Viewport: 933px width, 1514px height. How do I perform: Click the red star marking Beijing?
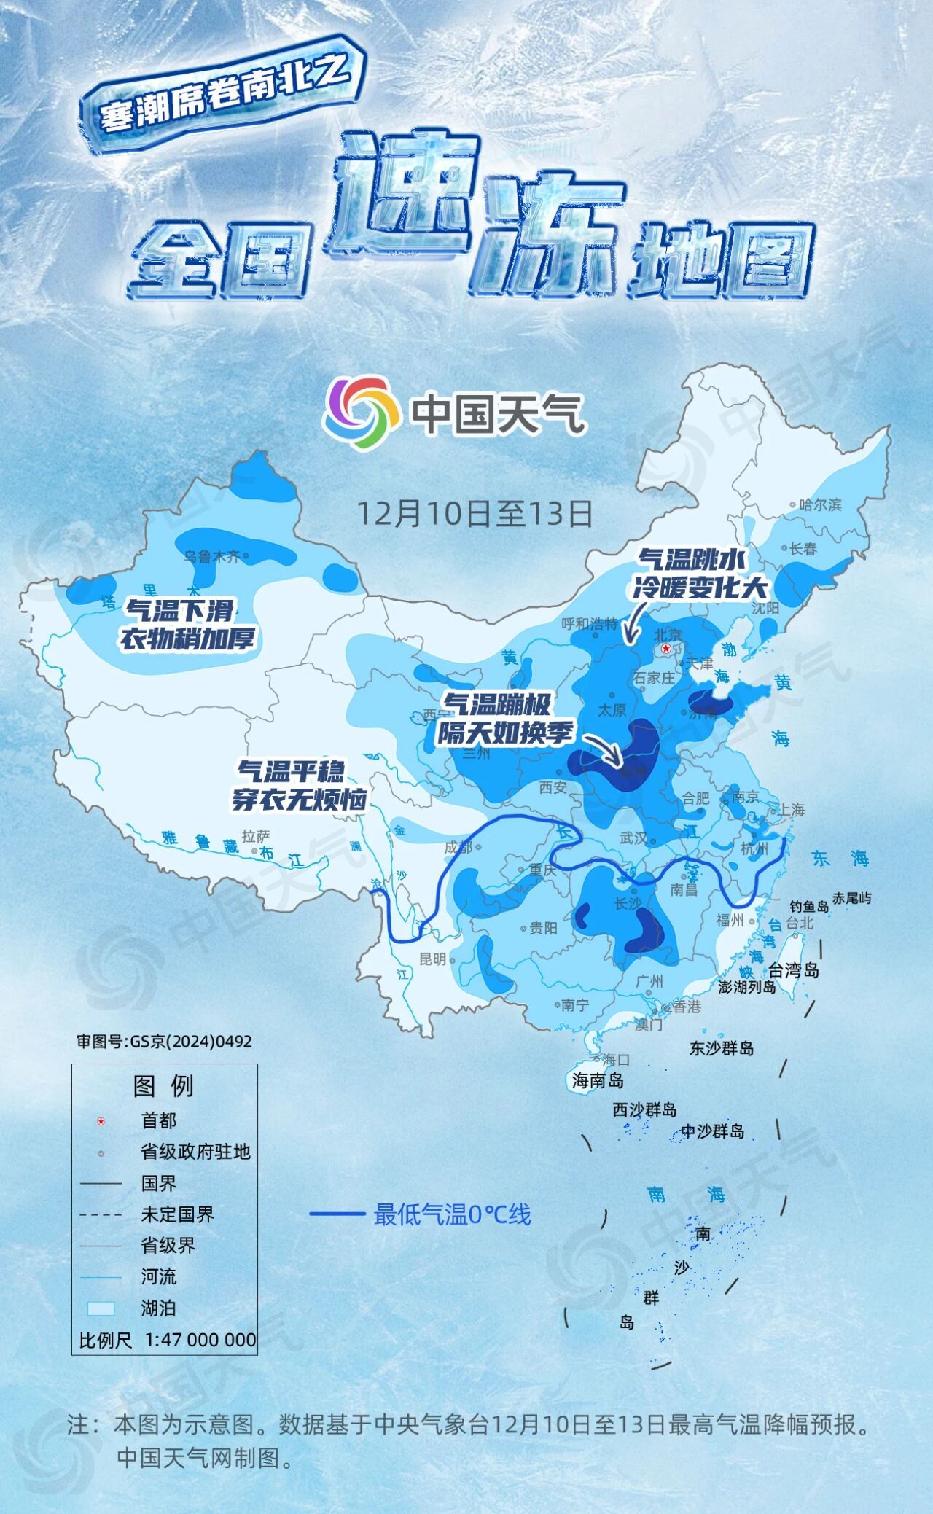(665, 649)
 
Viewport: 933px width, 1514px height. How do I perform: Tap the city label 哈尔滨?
(820, 504)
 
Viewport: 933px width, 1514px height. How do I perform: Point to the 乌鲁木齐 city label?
(211, 556)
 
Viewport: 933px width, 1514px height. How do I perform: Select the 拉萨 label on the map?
(256, 835)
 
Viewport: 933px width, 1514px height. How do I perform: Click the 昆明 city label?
(433, 959)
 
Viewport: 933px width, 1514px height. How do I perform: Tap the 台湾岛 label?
(794, 970)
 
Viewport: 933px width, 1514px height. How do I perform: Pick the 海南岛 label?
(598, 1080)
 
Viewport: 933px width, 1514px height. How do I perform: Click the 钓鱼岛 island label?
(810, 906)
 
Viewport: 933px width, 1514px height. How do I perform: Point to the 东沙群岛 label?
(722, 1048)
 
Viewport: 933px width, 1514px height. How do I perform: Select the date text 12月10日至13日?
(474, 513)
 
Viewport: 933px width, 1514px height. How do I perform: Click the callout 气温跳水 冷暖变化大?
(699, 573)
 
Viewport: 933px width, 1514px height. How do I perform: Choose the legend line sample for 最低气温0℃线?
(337, 1214)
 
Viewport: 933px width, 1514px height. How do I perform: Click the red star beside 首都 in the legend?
(101, 1121)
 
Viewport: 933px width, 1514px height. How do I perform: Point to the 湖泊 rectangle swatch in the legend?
(101, 1308)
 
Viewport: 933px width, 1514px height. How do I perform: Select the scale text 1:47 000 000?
(200, 1340)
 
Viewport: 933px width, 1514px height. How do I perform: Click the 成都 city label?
(458, 847)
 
